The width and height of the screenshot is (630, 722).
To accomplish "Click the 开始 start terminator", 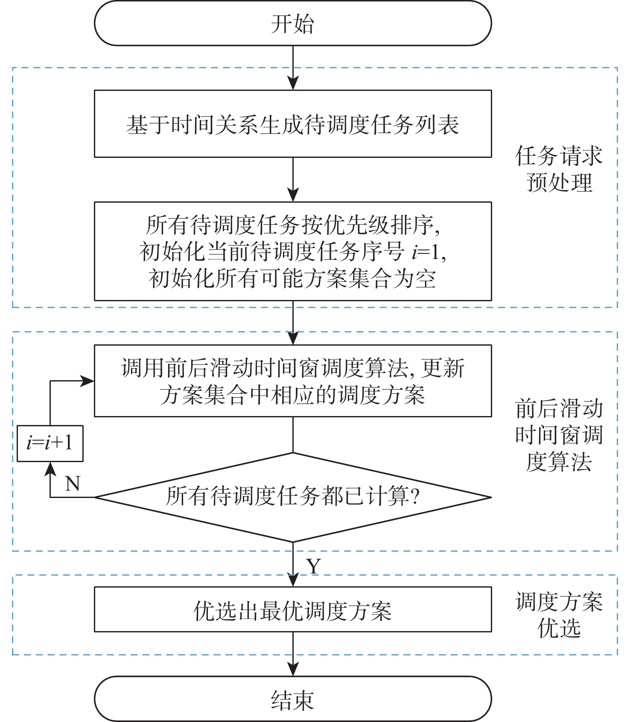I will [293, 23].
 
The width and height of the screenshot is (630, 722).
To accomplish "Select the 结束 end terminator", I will [293, 699].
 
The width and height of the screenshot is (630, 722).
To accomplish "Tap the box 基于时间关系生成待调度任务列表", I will [293, 124].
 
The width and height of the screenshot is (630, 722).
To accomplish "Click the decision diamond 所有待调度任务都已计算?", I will [293, 497].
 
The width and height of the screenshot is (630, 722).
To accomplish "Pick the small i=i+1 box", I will [50, 443].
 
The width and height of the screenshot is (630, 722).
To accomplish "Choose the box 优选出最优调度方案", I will [293, 610].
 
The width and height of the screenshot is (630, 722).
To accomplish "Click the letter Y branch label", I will [314, 566].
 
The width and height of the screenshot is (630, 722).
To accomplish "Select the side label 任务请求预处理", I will [559, 169].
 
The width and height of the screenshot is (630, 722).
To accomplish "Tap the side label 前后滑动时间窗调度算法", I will [559, 435].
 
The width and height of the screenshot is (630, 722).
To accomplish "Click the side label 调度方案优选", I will [559, 615].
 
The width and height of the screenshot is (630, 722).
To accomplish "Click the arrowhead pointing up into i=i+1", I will [50, 469].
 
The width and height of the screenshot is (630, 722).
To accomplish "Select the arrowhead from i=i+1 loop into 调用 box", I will [87, 381].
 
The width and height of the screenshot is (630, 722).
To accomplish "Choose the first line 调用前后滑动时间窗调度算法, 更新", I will [293, 368].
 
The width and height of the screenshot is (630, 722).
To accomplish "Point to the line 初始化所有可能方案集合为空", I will [293, 279].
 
